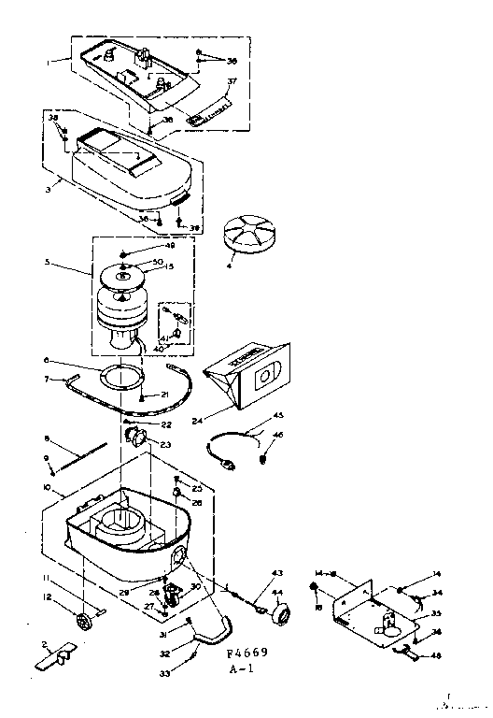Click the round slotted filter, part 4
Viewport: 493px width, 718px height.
click(x=248, y=232)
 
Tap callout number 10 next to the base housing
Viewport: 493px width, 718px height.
click(x=47, y=488)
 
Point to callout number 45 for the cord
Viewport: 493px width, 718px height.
click(x=277, y=416)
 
